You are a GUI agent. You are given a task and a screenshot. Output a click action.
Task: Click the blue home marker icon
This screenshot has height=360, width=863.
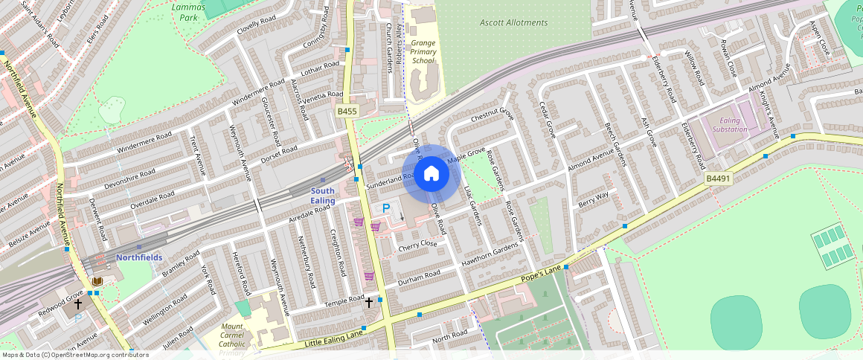tap(431, 174)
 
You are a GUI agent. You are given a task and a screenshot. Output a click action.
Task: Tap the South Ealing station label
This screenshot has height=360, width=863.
tap(322, 196)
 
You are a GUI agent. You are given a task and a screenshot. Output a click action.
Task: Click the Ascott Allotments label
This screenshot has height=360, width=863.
tap(513, 22)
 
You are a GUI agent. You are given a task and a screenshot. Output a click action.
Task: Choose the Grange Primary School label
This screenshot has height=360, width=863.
tap(423, 52)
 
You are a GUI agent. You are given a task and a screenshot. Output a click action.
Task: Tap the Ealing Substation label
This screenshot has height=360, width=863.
tap(729, 125)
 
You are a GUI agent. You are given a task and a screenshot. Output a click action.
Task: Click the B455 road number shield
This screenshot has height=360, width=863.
tap(347, 112)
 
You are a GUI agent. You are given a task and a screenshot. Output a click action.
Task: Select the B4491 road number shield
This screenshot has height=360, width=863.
tap(719, 179)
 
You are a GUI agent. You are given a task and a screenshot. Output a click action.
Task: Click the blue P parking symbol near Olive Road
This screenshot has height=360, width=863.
tap(386, 209)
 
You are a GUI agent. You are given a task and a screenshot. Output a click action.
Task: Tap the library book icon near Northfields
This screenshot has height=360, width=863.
tap(97, 281)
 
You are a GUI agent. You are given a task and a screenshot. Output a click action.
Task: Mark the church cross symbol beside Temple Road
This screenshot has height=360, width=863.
tap(368, 303)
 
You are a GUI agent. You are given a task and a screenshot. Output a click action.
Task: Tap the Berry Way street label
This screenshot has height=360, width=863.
tap(593, 198)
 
